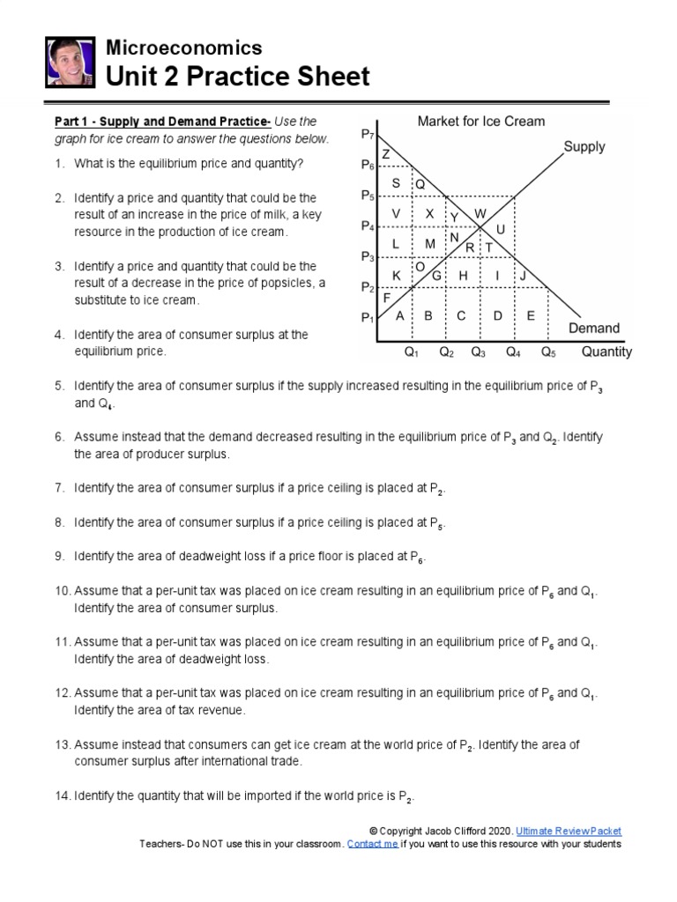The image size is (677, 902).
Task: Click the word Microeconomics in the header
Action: pos(183,48)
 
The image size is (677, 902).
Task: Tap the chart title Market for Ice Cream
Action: pos(480,121)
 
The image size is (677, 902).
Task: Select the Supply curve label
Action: pos(584,147)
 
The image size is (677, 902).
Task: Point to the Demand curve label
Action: pos(593,328)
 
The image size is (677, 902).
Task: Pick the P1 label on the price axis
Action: pos(368,317)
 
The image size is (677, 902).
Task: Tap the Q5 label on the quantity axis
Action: pos(548,352)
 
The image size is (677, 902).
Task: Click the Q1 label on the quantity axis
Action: pos(411,352)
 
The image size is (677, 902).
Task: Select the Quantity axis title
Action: pos(606,352)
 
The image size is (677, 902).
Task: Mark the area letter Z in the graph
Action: pos(386,154)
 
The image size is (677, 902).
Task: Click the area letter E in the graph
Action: pos(531,316)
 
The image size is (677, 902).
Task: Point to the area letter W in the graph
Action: pos(480,214)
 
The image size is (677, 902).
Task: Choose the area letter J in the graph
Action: pos(523,276)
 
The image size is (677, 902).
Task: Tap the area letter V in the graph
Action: pos(396,214)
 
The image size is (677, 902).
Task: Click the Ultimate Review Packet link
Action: pos(569,831)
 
